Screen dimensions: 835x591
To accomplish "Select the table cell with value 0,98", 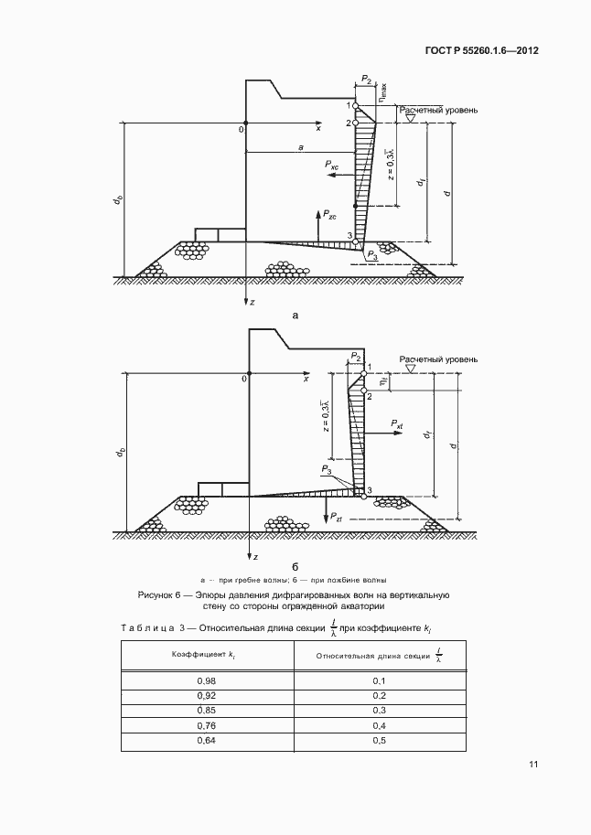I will pos(208,680).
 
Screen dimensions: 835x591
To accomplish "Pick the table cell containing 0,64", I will pos(208,740).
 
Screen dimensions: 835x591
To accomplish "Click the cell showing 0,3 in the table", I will pos(381,711).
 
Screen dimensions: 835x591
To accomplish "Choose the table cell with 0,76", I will pos(208,725).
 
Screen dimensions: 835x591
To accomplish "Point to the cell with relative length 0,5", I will pos(381,740).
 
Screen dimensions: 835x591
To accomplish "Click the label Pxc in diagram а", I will pos(331,166).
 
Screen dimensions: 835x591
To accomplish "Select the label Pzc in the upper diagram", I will pos(326,215).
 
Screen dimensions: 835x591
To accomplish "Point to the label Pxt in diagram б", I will pos(397,425).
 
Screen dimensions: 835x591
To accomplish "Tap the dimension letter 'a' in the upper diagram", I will pos(301,146).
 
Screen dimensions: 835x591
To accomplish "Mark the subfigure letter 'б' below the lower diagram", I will pos(295,566).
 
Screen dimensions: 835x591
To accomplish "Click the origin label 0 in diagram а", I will pos(242,129).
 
